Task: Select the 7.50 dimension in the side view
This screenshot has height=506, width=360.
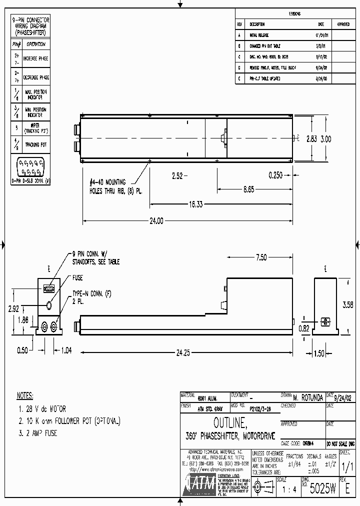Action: pos(261,257)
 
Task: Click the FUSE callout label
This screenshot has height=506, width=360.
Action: pos(77,278)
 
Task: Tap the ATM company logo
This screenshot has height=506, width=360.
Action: pos(198,485)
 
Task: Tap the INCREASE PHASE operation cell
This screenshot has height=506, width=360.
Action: pos(36,59)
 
